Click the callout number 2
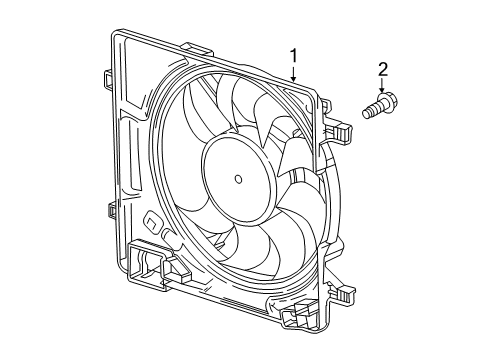[382, 70]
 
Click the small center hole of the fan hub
[238, 179]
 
